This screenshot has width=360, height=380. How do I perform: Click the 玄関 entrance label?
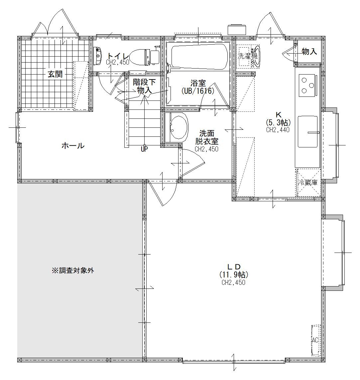click(x=55, y=74)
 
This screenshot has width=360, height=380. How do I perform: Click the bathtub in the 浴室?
click(x=199, y=57)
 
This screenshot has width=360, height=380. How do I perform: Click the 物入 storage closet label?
click(x=309, y=51)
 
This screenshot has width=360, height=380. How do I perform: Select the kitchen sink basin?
click(x=308, y=131)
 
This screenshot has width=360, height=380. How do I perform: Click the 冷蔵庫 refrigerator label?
click(x=308, y=182)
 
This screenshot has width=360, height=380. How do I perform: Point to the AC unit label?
click(x=315, y=340)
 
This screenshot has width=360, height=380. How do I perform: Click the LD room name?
click(x=234, y=267)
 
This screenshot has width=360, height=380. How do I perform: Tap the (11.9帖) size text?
click(x=234, y=275)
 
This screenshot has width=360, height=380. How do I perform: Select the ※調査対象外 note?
click(x=73, y=271)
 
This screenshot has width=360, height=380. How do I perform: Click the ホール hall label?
click(x=73, y=146)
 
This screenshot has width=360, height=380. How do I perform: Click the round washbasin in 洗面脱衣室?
click(x=179, y=127)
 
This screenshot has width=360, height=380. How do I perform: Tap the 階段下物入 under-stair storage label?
click(x=144, y=86)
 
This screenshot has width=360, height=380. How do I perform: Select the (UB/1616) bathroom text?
click(x=198, y=91)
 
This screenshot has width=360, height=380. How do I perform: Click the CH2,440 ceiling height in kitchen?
click(x=278, y=130)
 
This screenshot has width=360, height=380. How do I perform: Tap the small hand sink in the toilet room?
click(x=98, y=56)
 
